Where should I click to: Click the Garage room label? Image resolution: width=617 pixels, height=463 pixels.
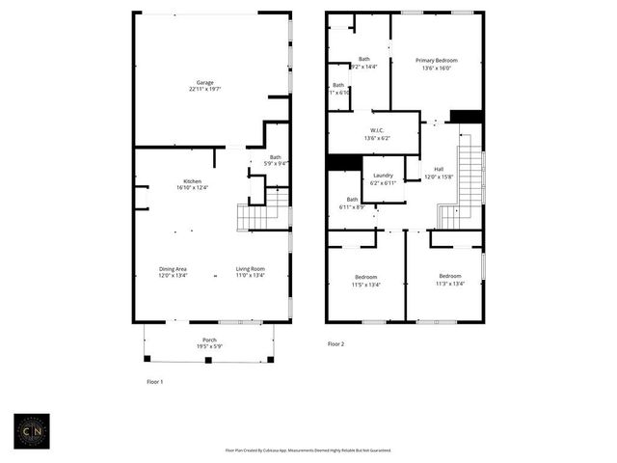204,82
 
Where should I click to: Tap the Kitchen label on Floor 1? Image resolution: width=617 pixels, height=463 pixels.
192,181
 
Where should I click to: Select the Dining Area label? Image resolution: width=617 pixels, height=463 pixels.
174,269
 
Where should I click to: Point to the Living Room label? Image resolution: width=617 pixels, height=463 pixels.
251,269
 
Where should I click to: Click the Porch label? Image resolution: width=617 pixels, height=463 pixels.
209,340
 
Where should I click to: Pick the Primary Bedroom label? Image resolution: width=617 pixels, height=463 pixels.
437,60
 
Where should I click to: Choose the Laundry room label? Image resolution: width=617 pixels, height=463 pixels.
383,177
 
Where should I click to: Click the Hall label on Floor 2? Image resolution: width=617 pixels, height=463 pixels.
439,170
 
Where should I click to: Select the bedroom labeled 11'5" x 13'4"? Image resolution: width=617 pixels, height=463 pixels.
366,284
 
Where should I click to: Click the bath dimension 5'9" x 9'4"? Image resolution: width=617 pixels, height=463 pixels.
276,164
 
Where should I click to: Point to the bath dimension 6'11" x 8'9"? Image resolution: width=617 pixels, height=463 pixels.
350,207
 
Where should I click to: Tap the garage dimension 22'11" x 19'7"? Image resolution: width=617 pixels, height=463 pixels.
204,89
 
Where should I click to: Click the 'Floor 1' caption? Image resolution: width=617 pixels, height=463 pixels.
154,382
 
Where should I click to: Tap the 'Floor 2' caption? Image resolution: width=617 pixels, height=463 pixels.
335,343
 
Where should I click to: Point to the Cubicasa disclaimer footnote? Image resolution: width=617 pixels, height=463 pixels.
308,450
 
